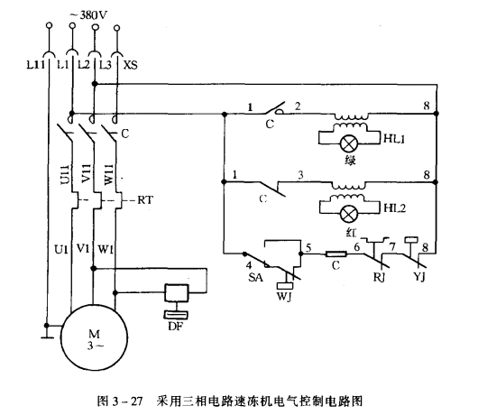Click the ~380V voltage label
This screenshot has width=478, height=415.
89,15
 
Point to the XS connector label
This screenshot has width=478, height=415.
131,65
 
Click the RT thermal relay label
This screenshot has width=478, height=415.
145,200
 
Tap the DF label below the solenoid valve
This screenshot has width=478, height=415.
176,327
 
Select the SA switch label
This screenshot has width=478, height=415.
255,278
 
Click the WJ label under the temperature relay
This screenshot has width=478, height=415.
284,297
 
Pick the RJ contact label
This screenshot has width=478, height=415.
379,277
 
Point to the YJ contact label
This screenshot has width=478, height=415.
419,277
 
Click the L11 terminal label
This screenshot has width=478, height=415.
36,65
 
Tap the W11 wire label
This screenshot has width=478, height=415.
109,175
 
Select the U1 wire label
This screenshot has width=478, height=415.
61,250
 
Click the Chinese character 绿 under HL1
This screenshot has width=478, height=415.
350,161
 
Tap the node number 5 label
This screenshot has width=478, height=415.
308,247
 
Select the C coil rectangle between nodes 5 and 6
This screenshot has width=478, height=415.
336,254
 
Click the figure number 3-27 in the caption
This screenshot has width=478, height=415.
127,401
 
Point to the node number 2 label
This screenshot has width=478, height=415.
298,106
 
